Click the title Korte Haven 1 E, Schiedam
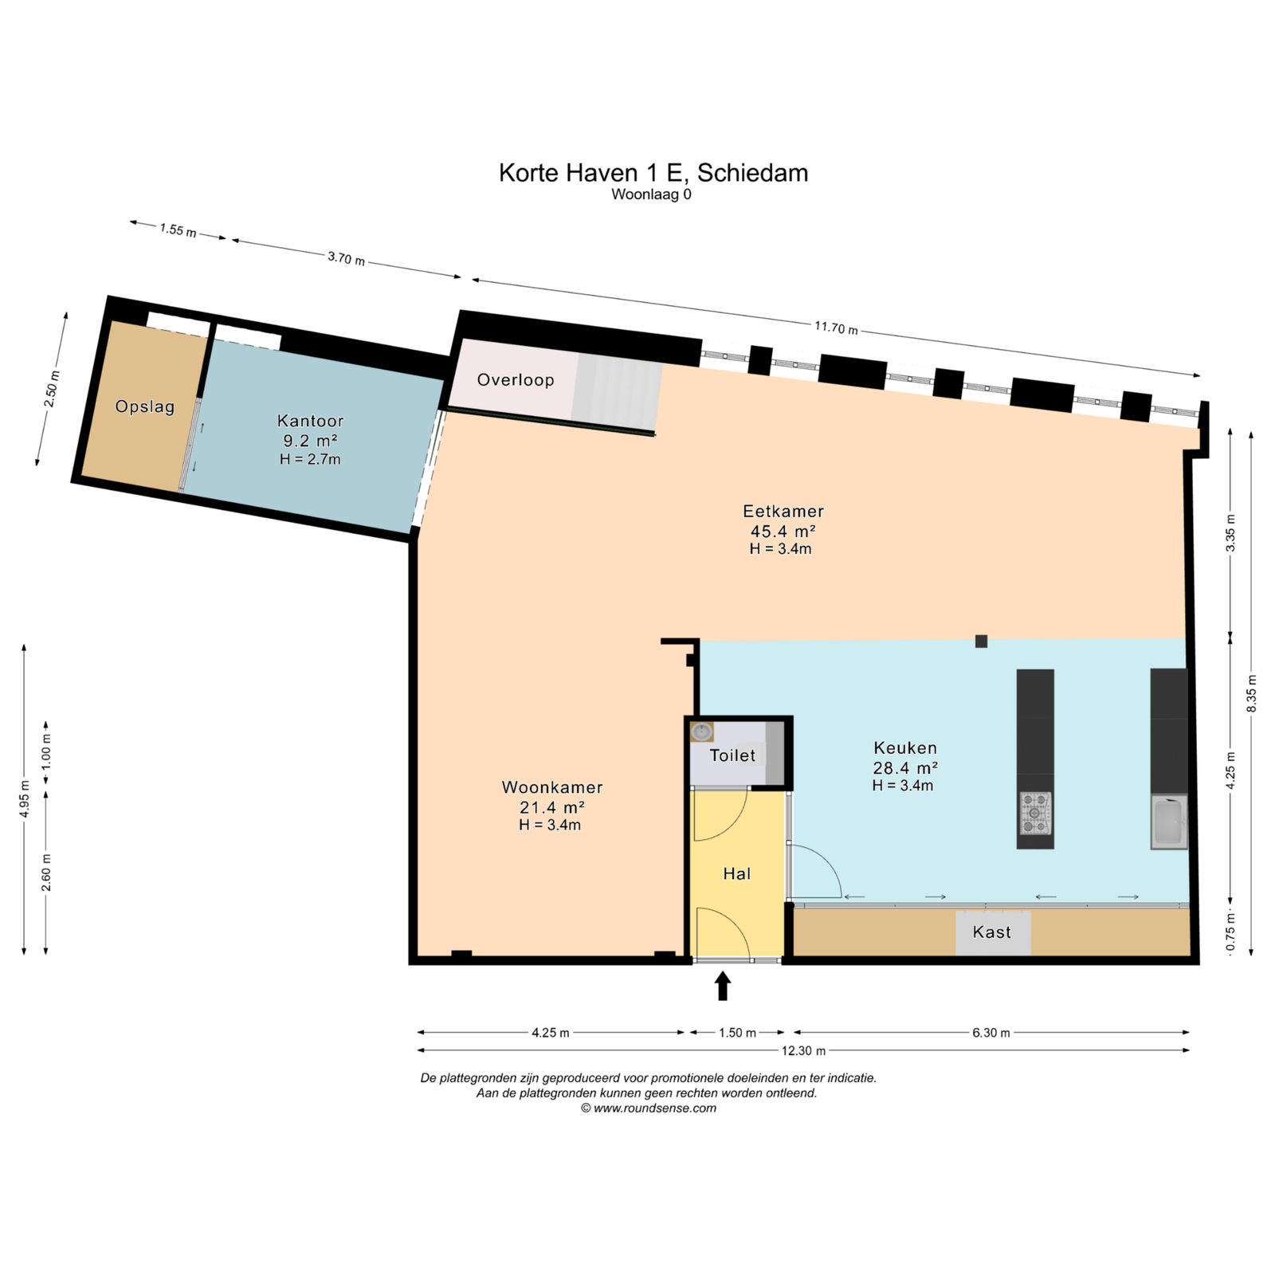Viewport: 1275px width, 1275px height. tap(653, 173)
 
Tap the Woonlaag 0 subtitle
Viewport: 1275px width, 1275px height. tap(651, 194)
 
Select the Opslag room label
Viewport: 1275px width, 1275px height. tap(145, 406)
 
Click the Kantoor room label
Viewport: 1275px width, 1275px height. tap(310, 421)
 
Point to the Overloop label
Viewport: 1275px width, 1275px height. tap(516, 380)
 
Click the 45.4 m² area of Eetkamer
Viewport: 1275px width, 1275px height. tap(783, 531)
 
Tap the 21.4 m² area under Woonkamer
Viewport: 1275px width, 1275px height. tap(551, 807)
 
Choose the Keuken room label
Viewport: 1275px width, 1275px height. tap(905, 748)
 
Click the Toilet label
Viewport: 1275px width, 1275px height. tap(732, 755)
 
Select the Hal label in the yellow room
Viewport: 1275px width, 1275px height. tap(737, 874)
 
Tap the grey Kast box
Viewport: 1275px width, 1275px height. tap(993, 932)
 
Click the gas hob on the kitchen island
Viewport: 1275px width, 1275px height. tap(1035, 814)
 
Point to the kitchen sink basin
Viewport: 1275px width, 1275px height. tap(1169, 822)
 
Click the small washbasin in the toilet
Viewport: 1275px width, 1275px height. tap(702, 731)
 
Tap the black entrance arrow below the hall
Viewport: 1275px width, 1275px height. tap(723, 986)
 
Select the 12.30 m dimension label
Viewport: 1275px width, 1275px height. tap(803, 1051)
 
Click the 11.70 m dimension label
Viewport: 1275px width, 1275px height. tap(836, 328)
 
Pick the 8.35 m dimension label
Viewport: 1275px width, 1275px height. tap(1252, 694)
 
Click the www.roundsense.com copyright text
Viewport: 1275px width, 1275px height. tap(649, 1108)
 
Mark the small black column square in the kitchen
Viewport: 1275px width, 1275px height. tap(981, 641)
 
